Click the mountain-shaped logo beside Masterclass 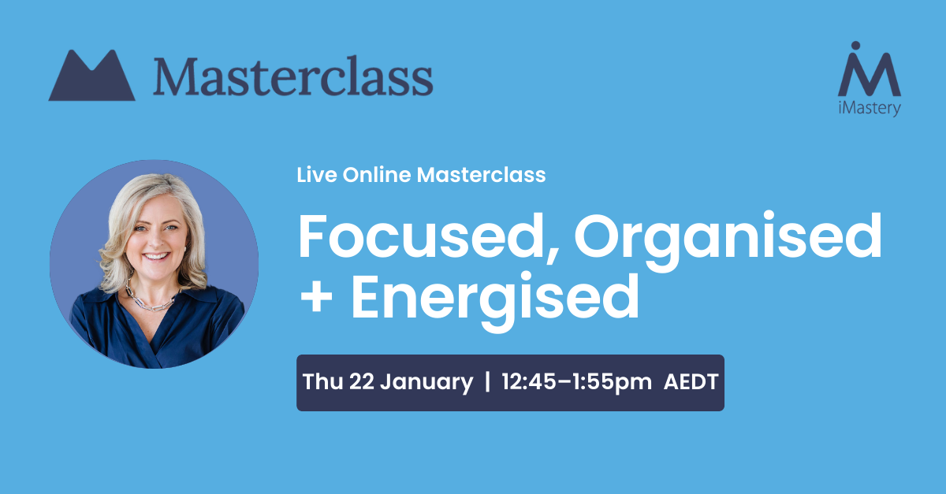(x=91, y=76)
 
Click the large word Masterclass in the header (x=293, y=76)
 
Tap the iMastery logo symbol (x=869, y=69)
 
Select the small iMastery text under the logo (x=869, y=108)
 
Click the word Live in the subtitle (x=317, y=175)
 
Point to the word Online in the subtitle (x=377, y=175)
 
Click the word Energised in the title (x=495, y=302)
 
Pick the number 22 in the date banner (x=362, y=381)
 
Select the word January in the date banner (x=426, y=383)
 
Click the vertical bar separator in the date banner (x=488, y=381)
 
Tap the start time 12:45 (x=529, y=381)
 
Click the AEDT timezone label (x=691, y=381)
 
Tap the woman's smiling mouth (x=156, y=256)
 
